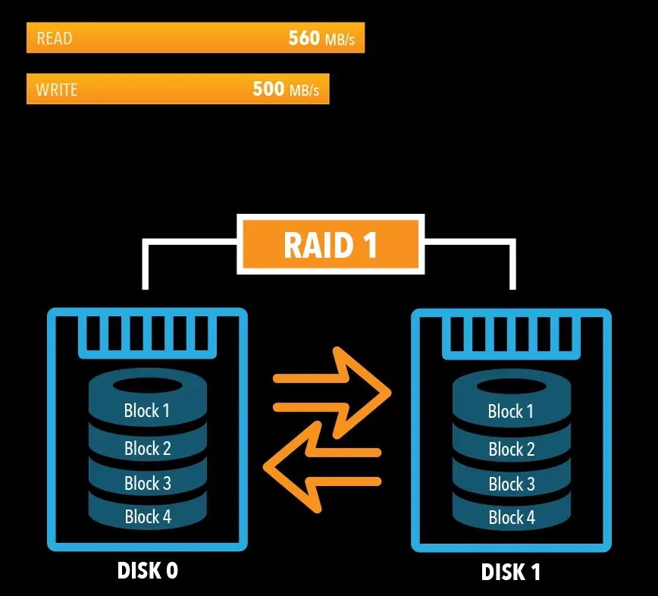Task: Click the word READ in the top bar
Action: click(x=55, y=39)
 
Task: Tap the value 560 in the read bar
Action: click(x=304, y=38)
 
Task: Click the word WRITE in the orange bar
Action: click(x=57, y=89)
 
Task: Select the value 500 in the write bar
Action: click(x=268, y=89)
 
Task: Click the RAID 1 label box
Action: click(x=330, y=245)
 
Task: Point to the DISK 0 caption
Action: click(x=148, y=570)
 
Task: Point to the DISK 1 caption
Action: click(x=511, y=572)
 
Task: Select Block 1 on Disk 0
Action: click(x=147, y=411)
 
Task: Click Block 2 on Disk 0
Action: click(x=147, y=448)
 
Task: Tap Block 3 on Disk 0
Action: click(x=147, y=483)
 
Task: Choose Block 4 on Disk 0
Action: click(x=147, y=517)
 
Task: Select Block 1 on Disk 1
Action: click(x=511, y=412)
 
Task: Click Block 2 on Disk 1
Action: click(x=511, y=449)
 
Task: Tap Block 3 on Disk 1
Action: click(x=511, y=484)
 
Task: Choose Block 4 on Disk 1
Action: click(x=511, y=518)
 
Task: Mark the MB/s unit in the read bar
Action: click(x=340, y=39)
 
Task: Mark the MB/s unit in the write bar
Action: click(x=304, y=90)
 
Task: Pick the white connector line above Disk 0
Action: click(x=146, y=262)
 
